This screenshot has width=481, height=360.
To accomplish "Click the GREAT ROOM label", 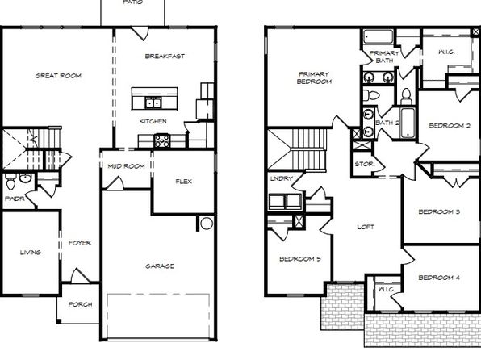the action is [x=58, y=76].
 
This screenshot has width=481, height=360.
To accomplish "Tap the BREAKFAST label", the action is [x=165, y=57].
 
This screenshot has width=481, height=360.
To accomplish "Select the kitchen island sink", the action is [x=153, y=103].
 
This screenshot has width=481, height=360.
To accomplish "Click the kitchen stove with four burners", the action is [x=161, y=141].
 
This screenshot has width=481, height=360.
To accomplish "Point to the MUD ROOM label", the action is [x=126, y=166].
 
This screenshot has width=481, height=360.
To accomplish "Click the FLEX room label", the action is [x=184, y=182].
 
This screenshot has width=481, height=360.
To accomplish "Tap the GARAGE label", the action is [x=160, y=266].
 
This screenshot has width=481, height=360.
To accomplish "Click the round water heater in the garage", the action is [x=207, y=224].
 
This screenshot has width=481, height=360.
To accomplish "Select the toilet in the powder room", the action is [x=10, y=182].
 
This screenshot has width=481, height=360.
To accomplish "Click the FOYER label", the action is [x=80, y=243].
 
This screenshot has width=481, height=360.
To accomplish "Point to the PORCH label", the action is [x=80, y=304].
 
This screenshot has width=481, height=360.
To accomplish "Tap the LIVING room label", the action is [x=31, y=253].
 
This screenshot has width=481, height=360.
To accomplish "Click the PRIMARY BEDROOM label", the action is [x=314, y=77].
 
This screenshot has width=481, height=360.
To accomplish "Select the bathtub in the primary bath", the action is [x=379, y=37].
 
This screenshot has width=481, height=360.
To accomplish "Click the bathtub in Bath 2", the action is [x=408, y=123].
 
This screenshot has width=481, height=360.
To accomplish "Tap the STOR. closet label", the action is [x=365, y=164].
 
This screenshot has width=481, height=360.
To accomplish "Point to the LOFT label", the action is [x=366, y=227].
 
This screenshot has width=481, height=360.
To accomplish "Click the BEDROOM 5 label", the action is [x=300, y=259].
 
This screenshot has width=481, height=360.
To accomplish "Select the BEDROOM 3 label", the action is [x=439, y=211].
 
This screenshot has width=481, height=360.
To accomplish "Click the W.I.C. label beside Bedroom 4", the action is [x=387, y=290].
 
